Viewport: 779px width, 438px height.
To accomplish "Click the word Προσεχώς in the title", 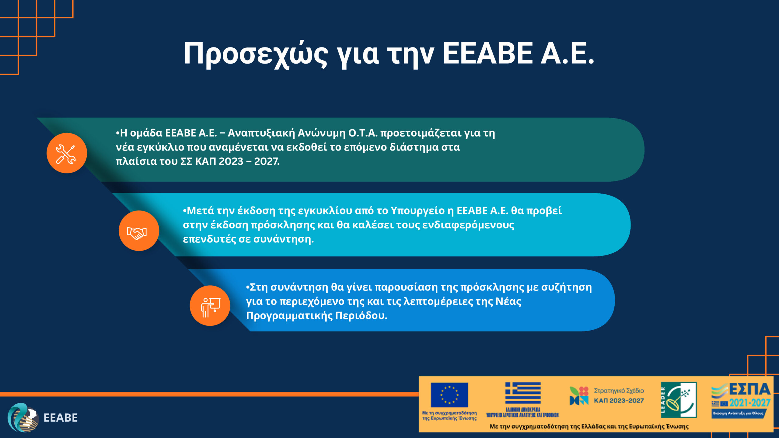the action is [x=256, y=54].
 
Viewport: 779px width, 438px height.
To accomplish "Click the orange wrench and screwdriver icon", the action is [x=67, y=153].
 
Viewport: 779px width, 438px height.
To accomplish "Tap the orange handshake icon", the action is [x=139, y=231].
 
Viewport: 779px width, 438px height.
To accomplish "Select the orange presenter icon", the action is [x=210, y=306].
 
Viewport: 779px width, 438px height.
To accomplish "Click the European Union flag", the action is [x=449, y=395].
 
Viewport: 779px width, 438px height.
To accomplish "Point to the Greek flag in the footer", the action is [x=523, y=393].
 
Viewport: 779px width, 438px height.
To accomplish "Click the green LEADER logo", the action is [x=679, y=400].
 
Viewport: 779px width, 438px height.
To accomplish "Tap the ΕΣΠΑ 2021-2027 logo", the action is [x=741, y=400].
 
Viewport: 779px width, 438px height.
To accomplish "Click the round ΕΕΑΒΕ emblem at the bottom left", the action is [x=23, y=418].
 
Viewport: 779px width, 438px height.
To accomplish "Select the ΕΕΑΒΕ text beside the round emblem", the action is [x=61, y=418].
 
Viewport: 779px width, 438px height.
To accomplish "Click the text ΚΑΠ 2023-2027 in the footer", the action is [x=619, y=401].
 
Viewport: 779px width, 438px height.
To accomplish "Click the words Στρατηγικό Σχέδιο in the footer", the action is [x=619, y=391].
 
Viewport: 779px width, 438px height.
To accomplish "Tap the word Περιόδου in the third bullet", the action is [x=361, y=315].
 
